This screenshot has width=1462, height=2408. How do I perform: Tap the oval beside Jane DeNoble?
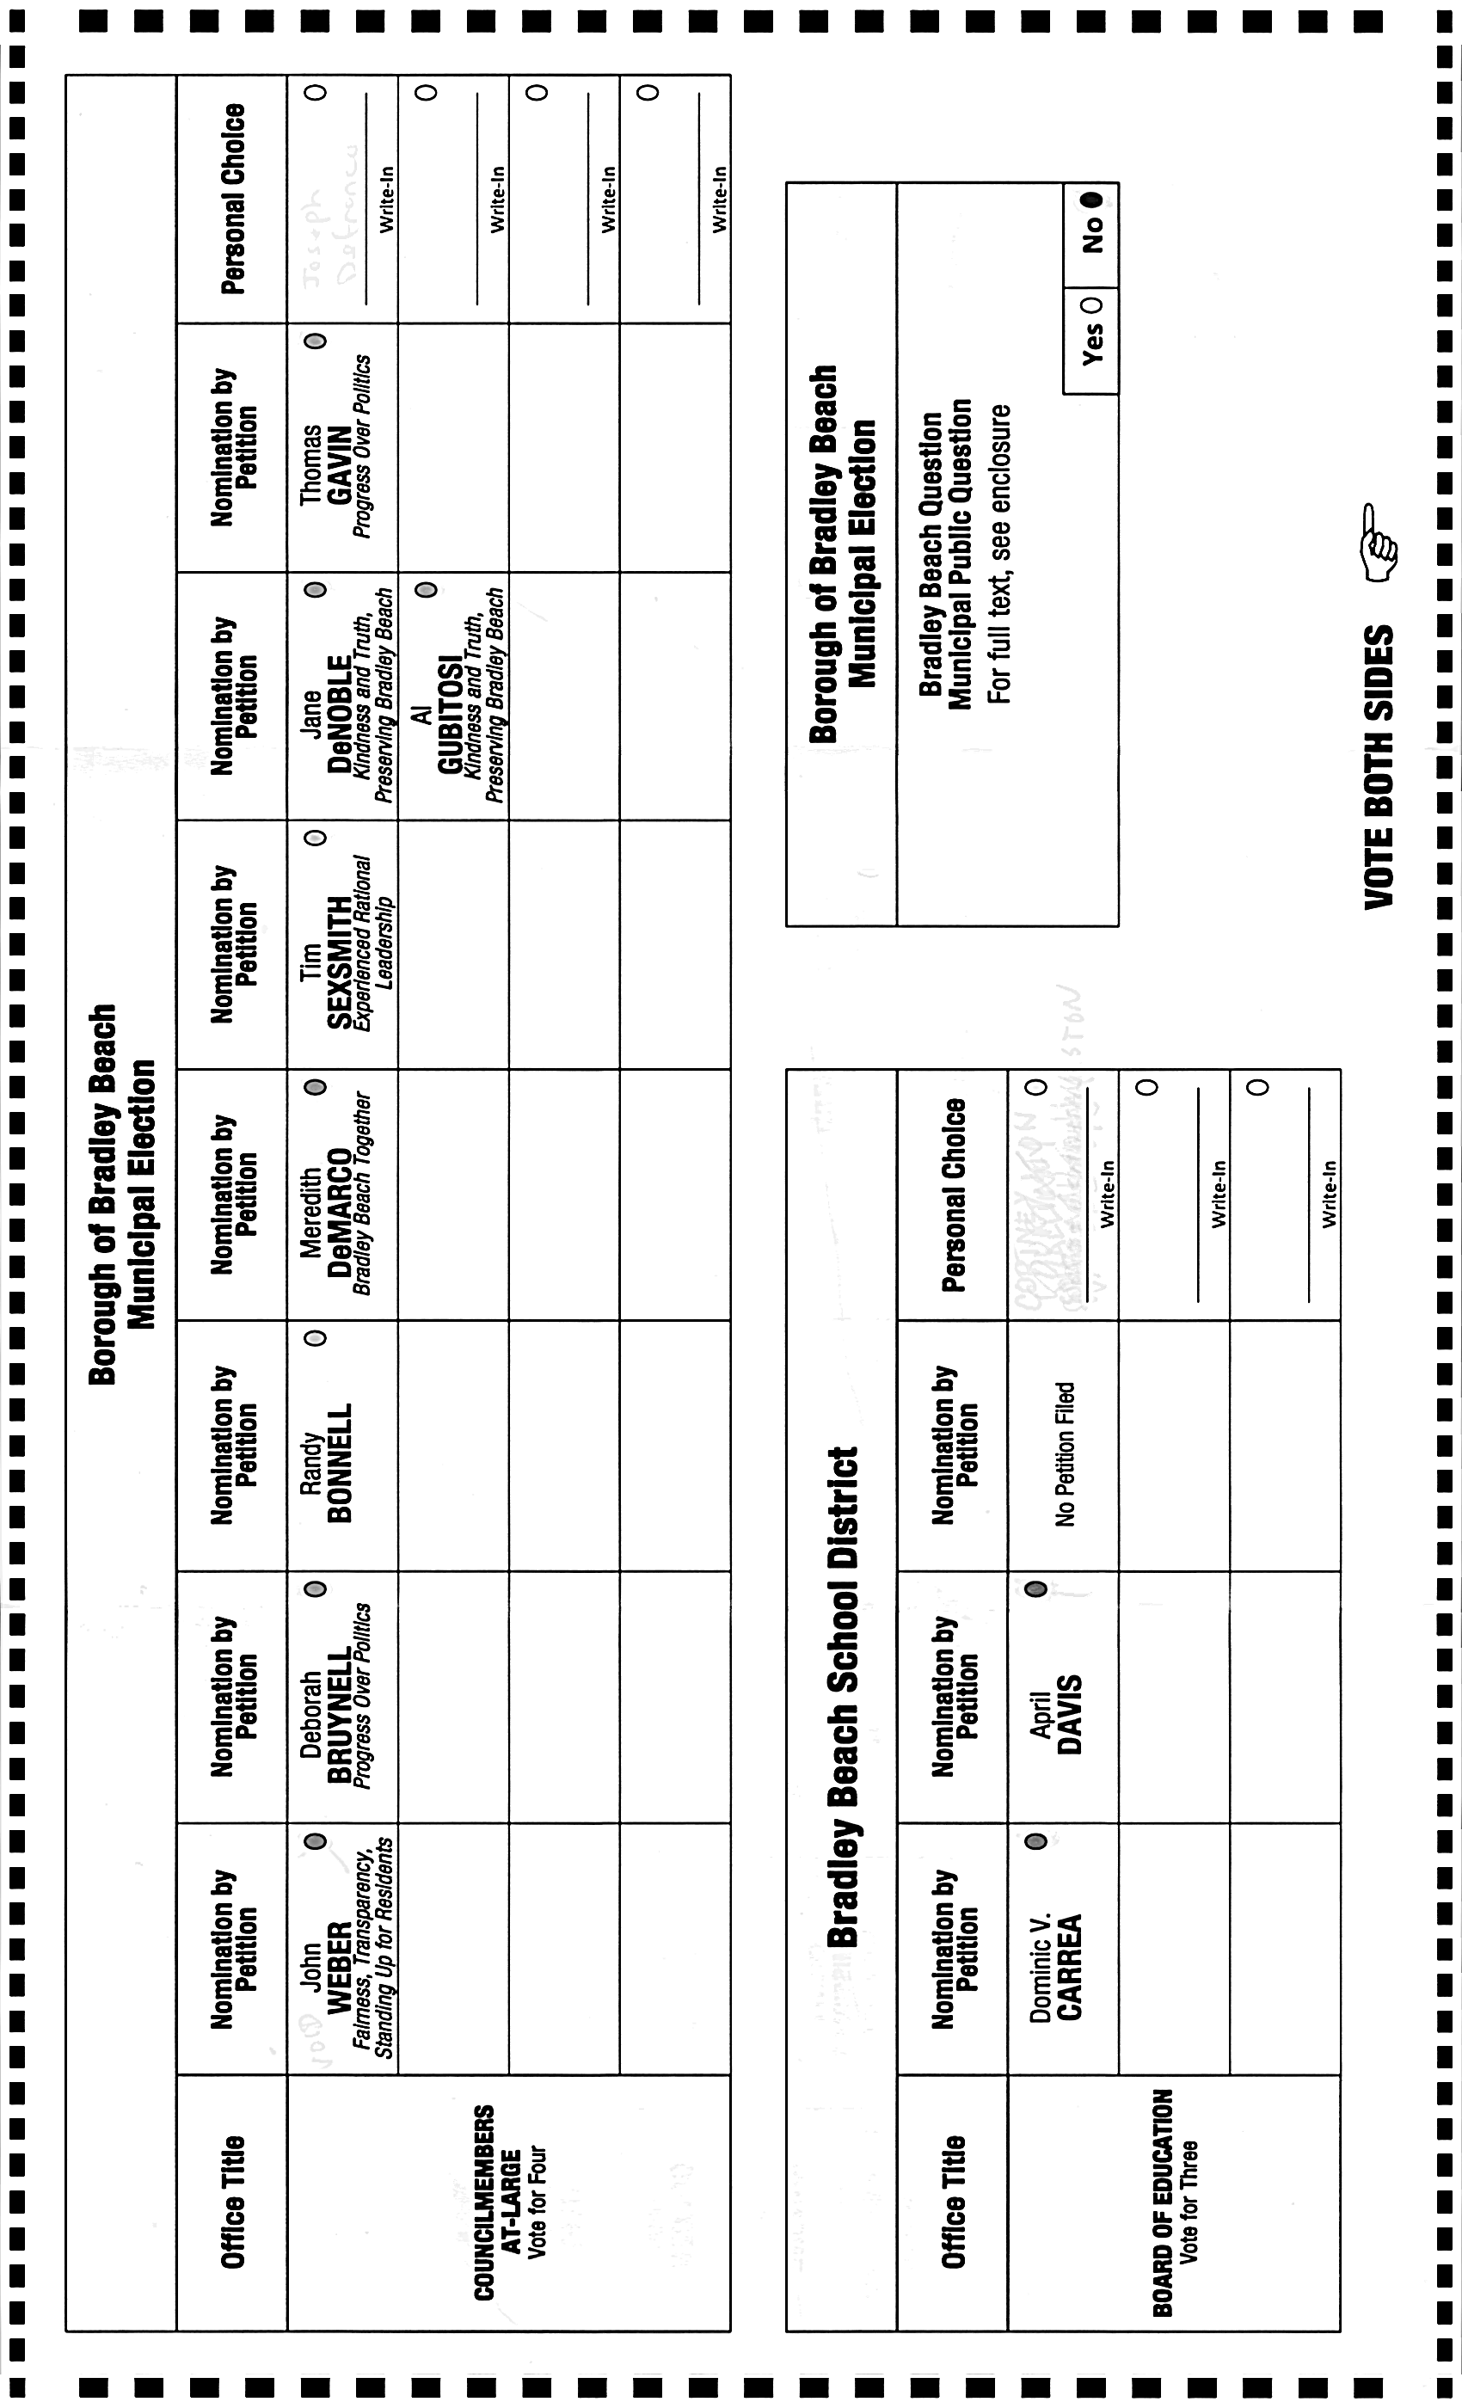click(315, 590)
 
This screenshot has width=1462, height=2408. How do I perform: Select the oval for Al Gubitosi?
click(426, 590)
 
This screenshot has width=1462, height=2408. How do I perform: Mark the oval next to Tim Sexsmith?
click(315, 838)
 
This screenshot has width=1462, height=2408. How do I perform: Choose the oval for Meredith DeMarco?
click(315, 1088)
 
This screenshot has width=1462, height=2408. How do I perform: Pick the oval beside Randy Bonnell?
click(315, 1338)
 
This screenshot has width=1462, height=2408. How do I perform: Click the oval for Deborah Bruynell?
click(315, 1589)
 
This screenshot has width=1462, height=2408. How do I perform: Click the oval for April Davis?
click(1037, 1589)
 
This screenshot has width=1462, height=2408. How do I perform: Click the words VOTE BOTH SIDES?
click(1379, 766)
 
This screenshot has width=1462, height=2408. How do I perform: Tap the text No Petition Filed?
click(1065, 1453)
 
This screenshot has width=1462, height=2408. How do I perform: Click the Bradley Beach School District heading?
click(843, 1697)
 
